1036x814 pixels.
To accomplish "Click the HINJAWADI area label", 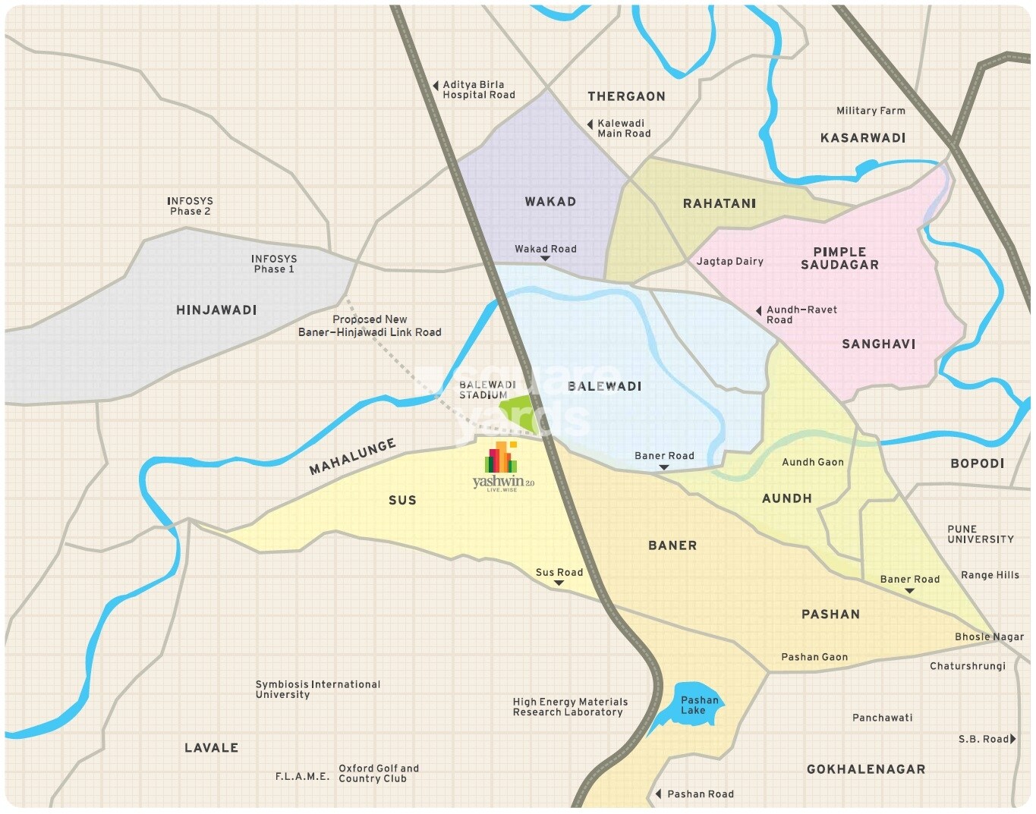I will (216, 310).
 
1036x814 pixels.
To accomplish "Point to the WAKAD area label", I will (550, 201).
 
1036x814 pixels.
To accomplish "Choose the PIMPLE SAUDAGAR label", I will (839, 258).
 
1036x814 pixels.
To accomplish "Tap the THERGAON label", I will (626, 96).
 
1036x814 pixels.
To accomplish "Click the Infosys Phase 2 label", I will (190, 206).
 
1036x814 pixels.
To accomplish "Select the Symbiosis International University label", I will (317, 689).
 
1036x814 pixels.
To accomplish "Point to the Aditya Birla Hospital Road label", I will (478, 90).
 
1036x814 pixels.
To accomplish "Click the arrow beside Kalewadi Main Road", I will (590, 124).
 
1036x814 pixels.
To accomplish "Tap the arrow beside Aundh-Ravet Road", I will (758, 311).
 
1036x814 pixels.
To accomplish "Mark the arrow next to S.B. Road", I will (1012, 738).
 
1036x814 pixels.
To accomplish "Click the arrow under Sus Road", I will (559, 583).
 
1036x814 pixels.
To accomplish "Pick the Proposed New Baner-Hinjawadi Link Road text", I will (370, 325).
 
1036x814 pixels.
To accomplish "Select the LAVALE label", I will (211, 747).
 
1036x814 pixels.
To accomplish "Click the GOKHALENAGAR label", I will (865, 768).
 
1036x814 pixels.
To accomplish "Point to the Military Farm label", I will (871, 110).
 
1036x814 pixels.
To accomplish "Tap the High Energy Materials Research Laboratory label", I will (569, 706).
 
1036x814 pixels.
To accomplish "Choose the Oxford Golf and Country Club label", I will (378, 773).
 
